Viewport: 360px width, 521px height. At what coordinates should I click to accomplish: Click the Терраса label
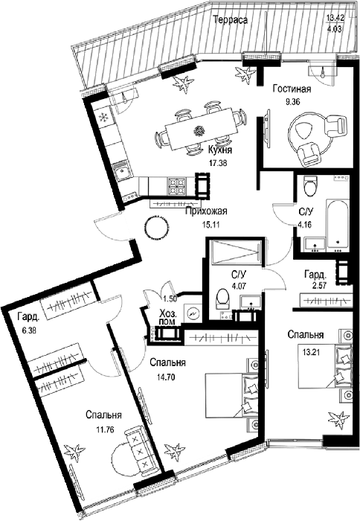click(x=231, y=20)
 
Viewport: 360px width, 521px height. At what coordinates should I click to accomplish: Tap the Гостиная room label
click(x=292, y=89)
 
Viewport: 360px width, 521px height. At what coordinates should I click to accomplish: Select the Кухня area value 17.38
click(x=217, y=163)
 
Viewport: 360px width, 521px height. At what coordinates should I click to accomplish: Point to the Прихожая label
click(x=206, y=211)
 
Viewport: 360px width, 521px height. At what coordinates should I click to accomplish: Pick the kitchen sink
click(x=120, y=171)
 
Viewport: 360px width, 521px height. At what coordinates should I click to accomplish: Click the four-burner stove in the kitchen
click(x=176, y=186)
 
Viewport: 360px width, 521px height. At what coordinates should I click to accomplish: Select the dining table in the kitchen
click(x=201, y=128)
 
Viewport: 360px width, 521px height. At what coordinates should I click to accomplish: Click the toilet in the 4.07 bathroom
click(x=222, y=297)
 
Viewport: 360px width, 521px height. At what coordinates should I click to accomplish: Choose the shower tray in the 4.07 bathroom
click(x=235, y=252)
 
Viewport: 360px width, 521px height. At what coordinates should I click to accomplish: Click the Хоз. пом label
click(x=167, y=317)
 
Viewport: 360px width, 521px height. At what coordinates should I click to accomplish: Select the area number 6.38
click(x=28, y=330)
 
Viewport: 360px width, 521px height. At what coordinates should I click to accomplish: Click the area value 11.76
click(x=105, y=429)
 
